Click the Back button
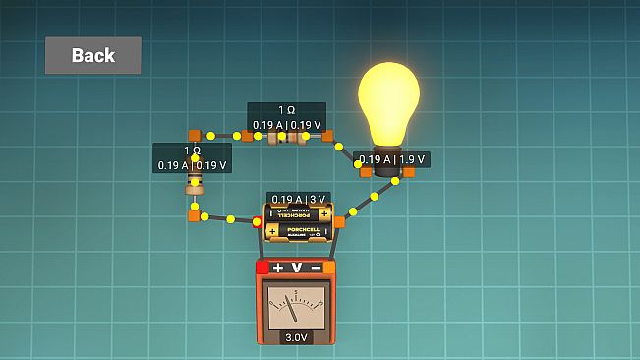click(92, 56)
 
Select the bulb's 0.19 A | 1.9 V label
click(391, 159)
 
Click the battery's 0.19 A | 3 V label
click(298, 198)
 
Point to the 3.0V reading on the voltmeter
click(296, 337)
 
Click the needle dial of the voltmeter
click(296, 308)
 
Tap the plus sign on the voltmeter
click(278, 268)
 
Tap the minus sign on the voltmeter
click(316, 268)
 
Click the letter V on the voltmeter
click(297, 268)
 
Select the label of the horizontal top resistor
click(286, 117)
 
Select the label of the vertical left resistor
click(192, 157)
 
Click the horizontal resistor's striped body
click(286, 137)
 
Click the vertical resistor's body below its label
click(195, 188)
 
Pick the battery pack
click(298, 223)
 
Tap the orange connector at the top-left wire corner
click(195, 135)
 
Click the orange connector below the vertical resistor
click(195, 214)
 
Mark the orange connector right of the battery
click(339, 222)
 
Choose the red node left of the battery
click(258, 222)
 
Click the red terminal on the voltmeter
click(262, 267)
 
